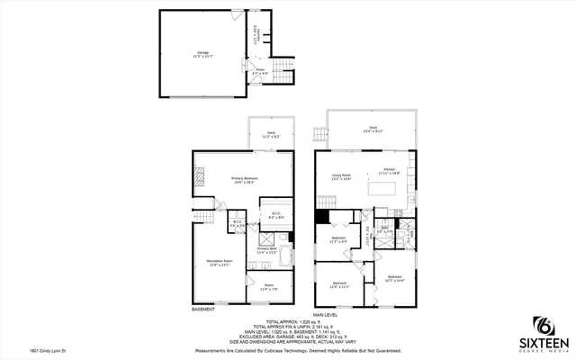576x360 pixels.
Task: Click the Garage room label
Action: [202, 54]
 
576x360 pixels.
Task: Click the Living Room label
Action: [340, 177]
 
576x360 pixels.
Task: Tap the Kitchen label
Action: [390, 170]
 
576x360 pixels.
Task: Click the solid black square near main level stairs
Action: [320, 216]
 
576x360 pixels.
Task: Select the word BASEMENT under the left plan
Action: [203, 310]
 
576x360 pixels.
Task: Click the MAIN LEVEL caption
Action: [327, 314]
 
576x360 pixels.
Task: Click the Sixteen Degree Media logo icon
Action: [545, 325]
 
